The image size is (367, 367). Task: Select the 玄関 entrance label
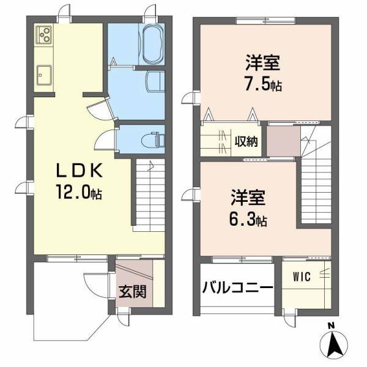pos(132,292)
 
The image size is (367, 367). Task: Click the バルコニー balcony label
pos(237,286)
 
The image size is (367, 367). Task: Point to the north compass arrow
pos(334,345)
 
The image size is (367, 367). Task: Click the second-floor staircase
pos(315,183)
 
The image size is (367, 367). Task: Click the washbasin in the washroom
pos(155,80)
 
